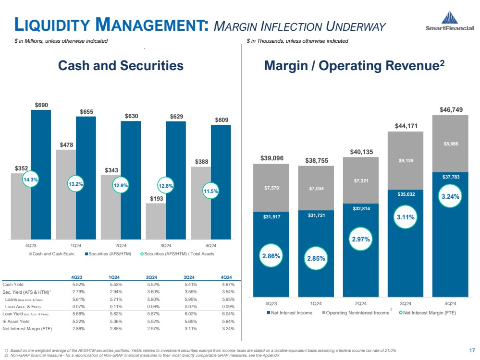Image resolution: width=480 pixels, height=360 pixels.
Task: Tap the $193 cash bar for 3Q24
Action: click(155, 221)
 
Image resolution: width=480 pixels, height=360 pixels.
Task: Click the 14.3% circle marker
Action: click(31, 180)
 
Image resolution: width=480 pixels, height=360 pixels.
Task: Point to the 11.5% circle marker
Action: click(210, 191)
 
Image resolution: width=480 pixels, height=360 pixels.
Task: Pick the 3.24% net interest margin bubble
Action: click(451, 196)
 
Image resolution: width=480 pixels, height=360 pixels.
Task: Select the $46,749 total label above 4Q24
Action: click(451, 110)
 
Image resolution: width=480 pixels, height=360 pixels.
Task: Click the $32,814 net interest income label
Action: click(360, 209)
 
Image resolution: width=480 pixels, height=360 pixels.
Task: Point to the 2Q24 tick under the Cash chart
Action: click(121, 244)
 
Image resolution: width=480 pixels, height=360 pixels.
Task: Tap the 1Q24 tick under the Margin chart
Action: click(316, 303)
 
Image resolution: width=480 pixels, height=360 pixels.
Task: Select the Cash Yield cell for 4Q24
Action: click(226, 285)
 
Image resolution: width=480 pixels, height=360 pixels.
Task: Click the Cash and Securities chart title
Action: click(121, 66)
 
